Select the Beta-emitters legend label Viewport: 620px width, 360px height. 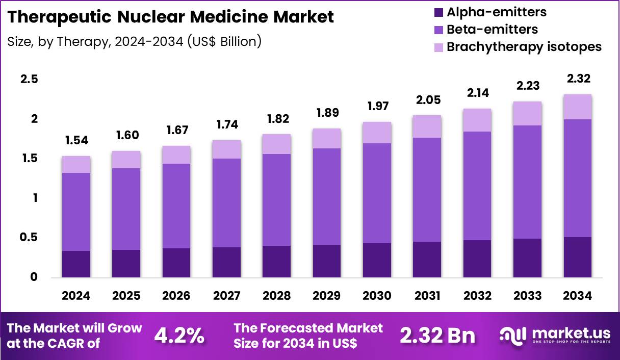coord(492,29)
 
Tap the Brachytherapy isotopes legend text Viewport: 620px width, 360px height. coord(524,46)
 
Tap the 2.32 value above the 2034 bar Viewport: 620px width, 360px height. coord(578,79)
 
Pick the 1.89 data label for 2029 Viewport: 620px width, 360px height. coord(327,113)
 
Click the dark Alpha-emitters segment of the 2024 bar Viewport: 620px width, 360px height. coord(77,264)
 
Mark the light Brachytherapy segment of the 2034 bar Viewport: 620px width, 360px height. coord(578,107)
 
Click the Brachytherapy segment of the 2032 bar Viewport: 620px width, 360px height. coord(477,120)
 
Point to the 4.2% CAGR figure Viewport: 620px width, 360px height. coord(179,336)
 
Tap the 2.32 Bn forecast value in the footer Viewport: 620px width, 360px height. coord(437,336)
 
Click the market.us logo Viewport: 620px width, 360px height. coord(554,336)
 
